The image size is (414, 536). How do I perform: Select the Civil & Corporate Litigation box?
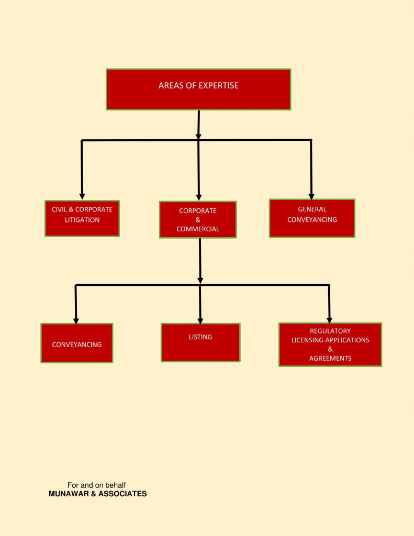tap(82, 218)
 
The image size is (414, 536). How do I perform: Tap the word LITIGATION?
tap(82, 220)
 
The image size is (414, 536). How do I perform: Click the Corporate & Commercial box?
tap(198, 219)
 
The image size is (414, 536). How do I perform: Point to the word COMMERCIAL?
tap(198, 229)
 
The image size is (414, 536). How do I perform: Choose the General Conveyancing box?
tap(312, 218)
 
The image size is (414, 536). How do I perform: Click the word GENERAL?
tap(312, 209)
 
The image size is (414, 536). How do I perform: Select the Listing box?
tap(200, 342)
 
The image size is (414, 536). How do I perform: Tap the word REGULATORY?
tap(330, 331)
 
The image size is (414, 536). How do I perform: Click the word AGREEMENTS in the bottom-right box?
tap(330, 358)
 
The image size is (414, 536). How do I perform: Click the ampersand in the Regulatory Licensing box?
tap(330, 349)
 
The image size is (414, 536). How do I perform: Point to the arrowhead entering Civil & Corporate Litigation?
tap(82, 196)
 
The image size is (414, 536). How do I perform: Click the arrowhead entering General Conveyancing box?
tap(311, 197)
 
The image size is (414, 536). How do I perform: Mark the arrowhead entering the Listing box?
tap(200, 321)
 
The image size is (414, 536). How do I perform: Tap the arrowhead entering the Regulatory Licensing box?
tap(330, 320)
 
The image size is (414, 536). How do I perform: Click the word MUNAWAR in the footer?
tap(69, 494)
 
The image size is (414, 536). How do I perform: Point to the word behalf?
tap(116, 485)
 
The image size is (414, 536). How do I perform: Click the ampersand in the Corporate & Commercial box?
tap(198, 220)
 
